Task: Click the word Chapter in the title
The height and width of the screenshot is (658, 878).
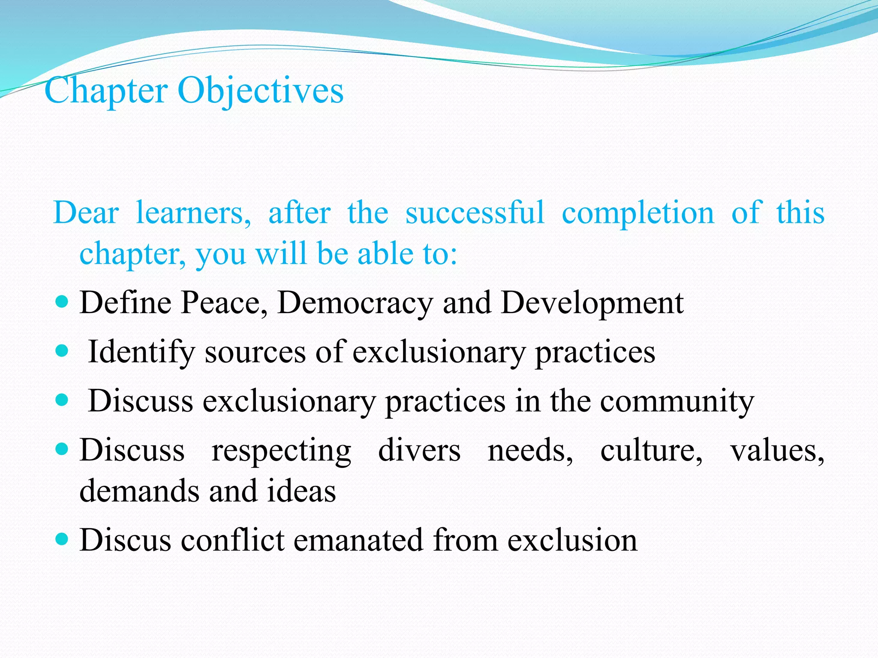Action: click(106, 91)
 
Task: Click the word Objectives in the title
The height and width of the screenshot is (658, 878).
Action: click(260, 91)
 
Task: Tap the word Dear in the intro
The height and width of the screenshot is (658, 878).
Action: click(86, 212)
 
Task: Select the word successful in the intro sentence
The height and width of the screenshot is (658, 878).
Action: click(475, 212)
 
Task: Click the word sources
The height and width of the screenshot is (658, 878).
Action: click(255, 352)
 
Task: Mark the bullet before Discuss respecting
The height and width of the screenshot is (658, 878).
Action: click(62, 449)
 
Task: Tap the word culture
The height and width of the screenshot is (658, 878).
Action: click(651, 451)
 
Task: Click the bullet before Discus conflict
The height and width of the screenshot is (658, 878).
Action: click(62, 538)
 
